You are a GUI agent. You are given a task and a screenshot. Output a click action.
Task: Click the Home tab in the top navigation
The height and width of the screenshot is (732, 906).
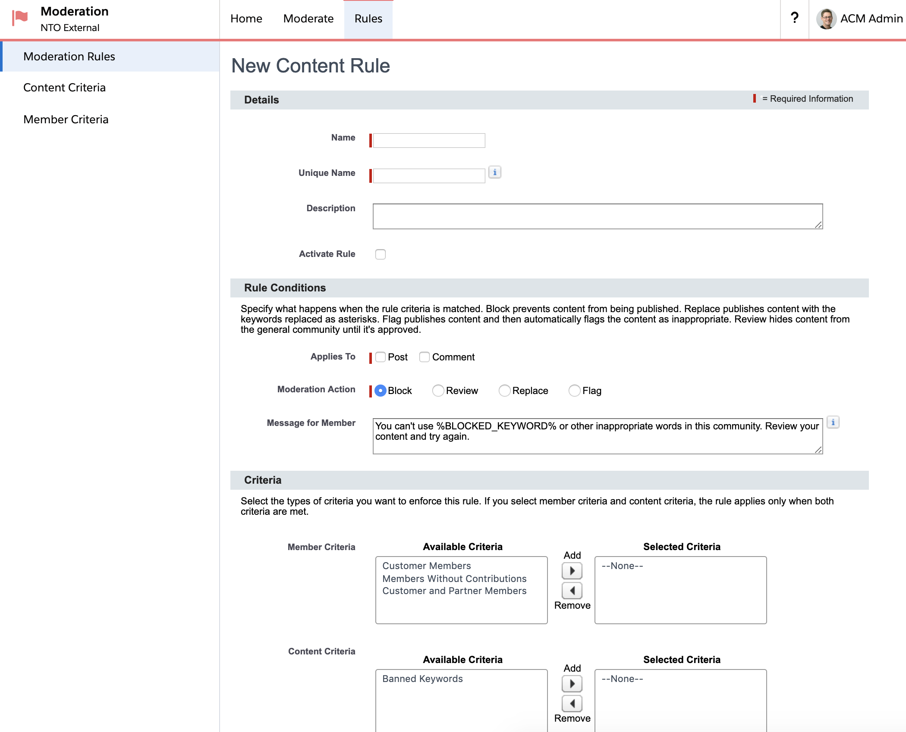pos(246,19)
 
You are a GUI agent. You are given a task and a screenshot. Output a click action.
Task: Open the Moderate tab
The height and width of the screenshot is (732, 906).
pos(308,19)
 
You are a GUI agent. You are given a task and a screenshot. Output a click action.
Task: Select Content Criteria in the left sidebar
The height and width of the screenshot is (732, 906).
pos(64,88)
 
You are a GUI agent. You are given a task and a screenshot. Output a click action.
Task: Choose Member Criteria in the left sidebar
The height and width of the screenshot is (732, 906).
pos(66,119)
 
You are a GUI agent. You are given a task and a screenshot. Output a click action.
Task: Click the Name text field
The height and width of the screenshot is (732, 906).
pos(429,141)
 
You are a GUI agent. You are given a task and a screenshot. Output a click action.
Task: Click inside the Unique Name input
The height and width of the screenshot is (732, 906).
pos(429,176)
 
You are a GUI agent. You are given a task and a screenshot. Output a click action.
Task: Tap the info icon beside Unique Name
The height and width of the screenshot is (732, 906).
pos(494,172)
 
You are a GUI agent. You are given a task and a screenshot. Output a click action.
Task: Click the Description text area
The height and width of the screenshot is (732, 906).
pos(598,216)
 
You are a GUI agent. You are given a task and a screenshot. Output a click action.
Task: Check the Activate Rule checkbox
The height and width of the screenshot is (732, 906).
pos(380,254)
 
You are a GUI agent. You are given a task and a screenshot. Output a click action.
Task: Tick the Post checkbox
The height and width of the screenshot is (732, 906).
pos(381,357)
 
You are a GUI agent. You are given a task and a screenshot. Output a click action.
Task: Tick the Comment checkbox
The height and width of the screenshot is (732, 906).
pos(425,357)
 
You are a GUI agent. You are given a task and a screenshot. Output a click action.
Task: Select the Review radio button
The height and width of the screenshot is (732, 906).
pos(438,391)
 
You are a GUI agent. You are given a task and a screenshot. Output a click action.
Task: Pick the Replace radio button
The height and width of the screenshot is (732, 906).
pos(504,391)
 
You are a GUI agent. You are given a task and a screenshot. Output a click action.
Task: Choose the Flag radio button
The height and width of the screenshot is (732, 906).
pos(574,391)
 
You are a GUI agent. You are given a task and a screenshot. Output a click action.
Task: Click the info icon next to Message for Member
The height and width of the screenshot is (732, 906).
pos(833,422)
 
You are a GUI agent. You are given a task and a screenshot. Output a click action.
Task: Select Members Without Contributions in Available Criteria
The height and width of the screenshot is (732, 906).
pos(454,579)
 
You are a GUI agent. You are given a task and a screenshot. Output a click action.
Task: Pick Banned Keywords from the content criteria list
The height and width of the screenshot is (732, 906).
pos(422,679)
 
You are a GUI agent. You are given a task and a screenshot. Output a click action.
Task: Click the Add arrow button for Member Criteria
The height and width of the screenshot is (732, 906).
pos(572,571)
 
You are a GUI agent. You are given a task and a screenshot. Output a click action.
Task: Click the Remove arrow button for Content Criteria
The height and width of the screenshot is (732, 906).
pos(572,704)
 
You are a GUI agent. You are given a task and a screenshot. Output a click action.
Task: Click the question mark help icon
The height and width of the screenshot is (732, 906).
pos(794,18)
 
